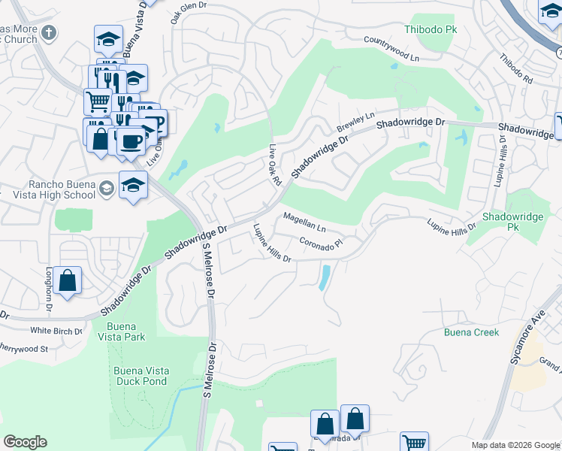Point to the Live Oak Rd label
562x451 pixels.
tap(274, 164)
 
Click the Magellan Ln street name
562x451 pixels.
tap(304, 222)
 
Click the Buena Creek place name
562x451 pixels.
tap(471, 331)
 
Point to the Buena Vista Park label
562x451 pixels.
tap(126, 331)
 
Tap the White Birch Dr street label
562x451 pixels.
tap(55, 330)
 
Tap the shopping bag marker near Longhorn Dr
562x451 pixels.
tap(67, 282)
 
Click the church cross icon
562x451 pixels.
tap(49, 33)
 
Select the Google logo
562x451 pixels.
tap(25, 441)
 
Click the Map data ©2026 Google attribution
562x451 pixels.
tap(515, 445)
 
